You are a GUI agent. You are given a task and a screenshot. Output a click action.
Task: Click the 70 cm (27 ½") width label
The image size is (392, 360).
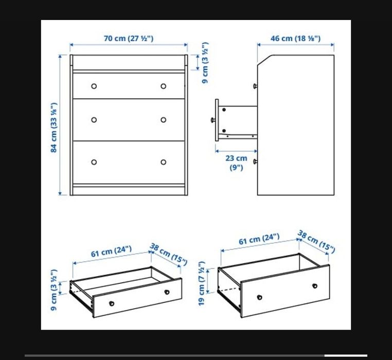pos(129,39)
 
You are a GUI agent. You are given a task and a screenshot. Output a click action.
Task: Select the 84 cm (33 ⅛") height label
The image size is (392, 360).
pos(54,128)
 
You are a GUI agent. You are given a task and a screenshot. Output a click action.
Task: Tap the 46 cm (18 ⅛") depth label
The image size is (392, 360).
pos(295,39)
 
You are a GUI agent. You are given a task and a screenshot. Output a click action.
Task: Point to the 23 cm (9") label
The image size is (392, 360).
pos(236,163)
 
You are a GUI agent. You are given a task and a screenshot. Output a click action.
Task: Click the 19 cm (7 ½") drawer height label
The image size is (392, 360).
pos(202,283)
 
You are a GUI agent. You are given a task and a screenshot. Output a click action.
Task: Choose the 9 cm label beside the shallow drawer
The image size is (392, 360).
pos(54,290)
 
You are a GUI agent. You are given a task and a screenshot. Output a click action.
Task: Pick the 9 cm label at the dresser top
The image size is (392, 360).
pos(205,63)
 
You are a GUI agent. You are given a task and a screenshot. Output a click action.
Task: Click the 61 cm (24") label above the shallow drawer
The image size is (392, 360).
pos(111,251)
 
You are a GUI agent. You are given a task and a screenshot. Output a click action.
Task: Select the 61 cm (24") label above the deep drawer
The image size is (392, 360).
pos(259,239)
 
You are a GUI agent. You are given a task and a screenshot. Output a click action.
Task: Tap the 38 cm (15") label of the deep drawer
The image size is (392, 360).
pos(316,242)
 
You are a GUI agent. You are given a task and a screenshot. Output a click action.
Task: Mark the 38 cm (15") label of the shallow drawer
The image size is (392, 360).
pos(168,254)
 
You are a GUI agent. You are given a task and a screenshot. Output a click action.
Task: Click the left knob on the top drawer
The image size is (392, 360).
pos(94,86)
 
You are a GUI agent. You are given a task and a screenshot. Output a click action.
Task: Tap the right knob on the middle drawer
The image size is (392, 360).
pos(163,120)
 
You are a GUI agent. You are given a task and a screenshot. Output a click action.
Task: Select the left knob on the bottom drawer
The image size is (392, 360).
pos(94,162)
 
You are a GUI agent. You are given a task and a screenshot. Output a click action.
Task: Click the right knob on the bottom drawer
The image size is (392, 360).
pos(163,162)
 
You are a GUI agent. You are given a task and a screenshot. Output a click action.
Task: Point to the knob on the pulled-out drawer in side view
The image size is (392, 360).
pos(213,120)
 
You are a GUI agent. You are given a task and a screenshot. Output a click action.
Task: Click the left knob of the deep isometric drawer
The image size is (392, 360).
pos(260,297)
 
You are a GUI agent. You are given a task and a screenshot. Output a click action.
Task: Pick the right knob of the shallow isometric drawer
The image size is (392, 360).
pos(167,292)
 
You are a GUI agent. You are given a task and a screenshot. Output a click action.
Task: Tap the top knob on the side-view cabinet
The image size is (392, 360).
pos(255,86)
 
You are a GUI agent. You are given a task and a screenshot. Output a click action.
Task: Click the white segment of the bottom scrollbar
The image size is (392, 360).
pos(346,355)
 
